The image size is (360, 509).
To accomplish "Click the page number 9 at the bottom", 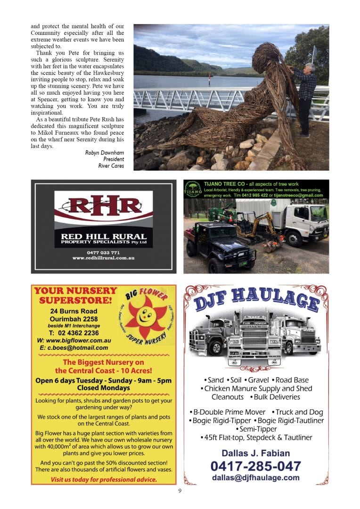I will tap(180, 491).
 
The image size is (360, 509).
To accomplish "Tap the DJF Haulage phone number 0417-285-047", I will tap(255, 466).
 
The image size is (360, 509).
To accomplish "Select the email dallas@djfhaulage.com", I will tap(255, 477).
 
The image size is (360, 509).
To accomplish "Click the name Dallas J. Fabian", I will tap(255, 453).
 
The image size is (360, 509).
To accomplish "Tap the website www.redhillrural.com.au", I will tap(103, 258).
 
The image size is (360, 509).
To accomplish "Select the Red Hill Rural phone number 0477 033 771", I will tap(103, 253).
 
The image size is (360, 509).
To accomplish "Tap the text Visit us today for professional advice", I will tap(104, 480).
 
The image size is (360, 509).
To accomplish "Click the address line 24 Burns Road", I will tap(74, 311).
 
